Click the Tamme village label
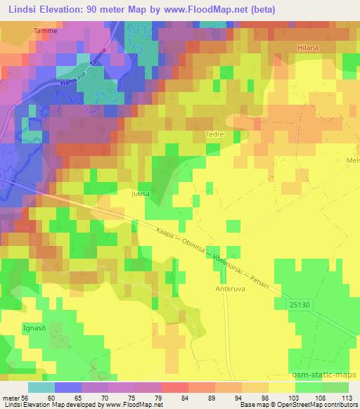click(x=43, y=32)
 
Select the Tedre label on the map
click(x=214, y=131)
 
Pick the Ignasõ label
click(x=15, y=327)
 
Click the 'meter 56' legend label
click(x=14, y=398)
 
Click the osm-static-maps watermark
click(x=325, y=376)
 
